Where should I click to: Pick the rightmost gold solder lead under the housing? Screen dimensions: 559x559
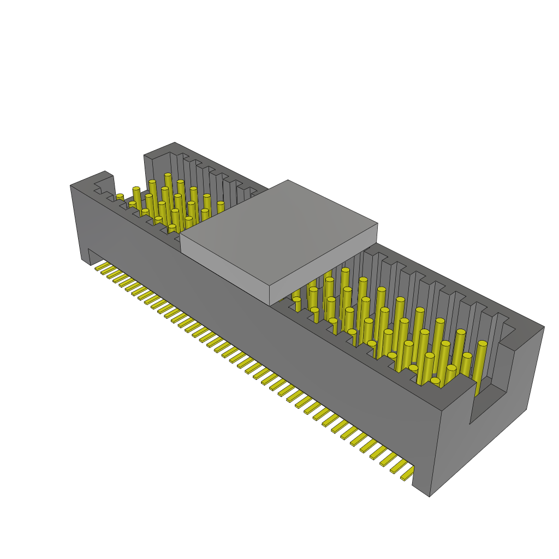407,477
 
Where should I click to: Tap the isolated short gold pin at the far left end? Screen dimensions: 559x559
120,197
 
